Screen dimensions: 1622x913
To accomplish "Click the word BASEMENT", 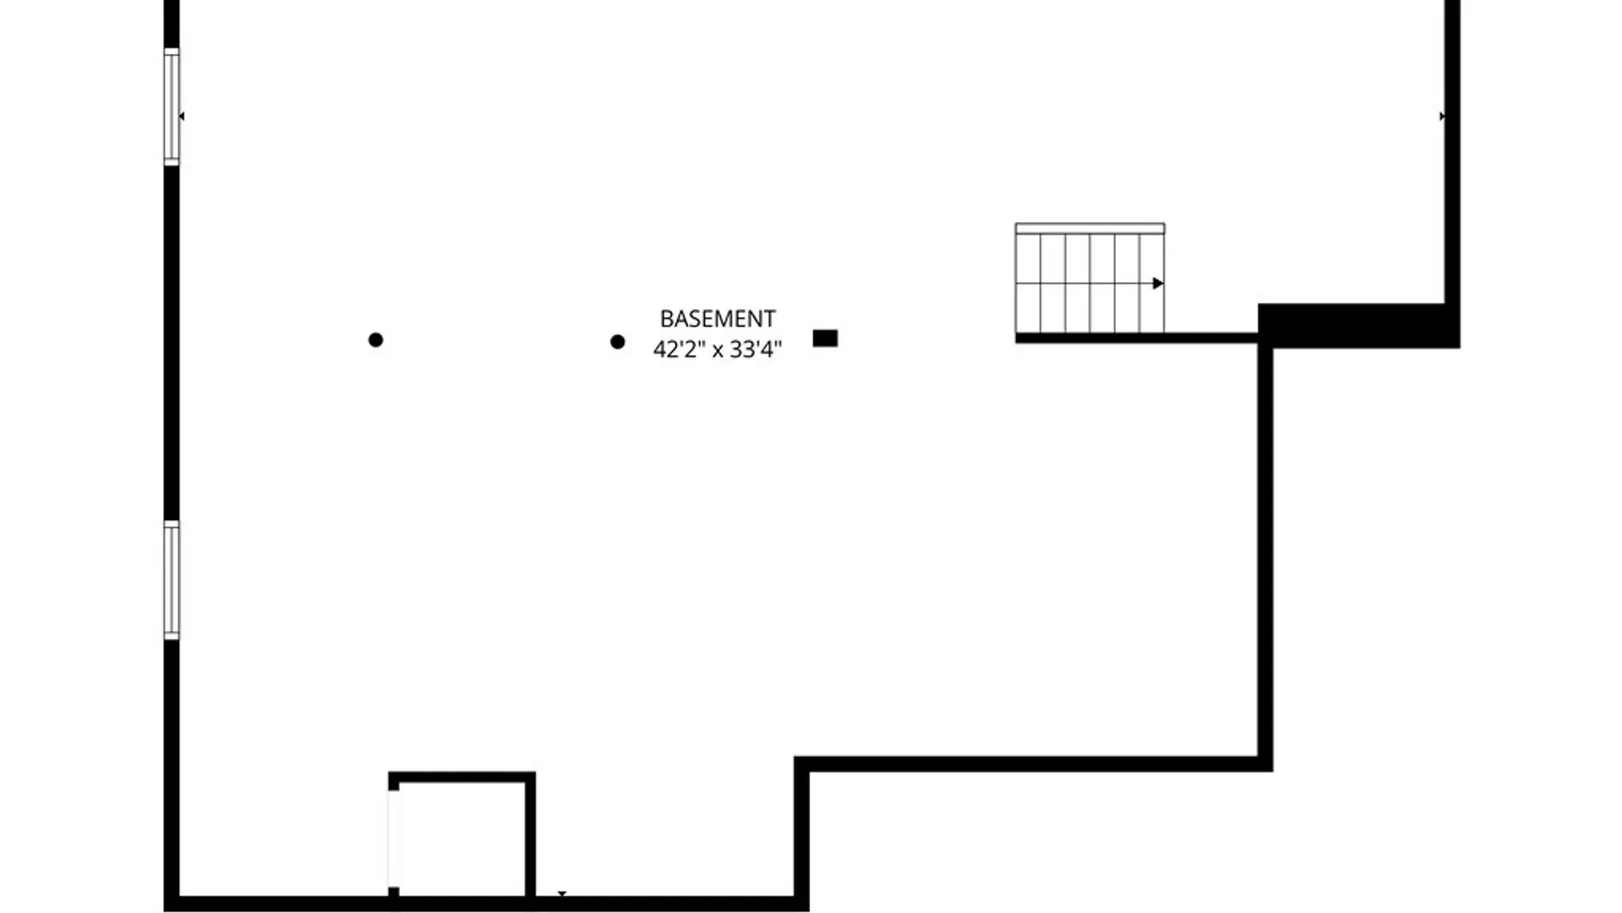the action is [x=717, y=319].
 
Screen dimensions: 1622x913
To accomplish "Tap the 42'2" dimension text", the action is [x=678, y=348].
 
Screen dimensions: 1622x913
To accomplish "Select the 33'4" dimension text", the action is [x=757, y=348].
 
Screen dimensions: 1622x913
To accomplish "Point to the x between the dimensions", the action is [x=718, y=350].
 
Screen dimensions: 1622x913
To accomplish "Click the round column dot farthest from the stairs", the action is [x=376, y=340].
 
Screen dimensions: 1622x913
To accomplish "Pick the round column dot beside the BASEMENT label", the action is [x=618, y=342].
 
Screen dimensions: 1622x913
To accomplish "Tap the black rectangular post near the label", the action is [x=825, y=338].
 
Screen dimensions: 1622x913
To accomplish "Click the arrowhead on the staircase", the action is [x=1158, y=283].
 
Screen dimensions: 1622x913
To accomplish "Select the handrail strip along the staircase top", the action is [x=1090, y=228].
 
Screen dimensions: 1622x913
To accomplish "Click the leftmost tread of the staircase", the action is [x=1028, y=283].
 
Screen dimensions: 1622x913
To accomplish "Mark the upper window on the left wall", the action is [x=171, y=107].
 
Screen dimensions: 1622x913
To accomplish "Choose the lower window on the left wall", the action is [x=171, y=580].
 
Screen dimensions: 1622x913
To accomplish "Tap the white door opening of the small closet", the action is [x=394, y=839].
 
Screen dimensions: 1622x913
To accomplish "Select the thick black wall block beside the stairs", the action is [x=1359, y=325].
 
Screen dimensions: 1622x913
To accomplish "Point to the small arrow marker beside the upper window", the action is [x=182, y=117].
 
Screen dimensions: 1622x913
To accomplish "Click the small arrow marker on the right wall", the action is [x=1442, y=117].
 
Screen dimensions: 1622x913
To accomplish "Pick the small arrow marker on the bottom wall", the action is [x=562, y=894].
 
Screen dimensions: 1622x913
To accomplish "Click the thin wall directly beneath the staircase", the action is [x=1136, y=338].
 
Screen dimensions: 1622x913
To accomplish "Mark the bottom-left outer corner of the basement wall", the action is [x=164, y=911].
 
